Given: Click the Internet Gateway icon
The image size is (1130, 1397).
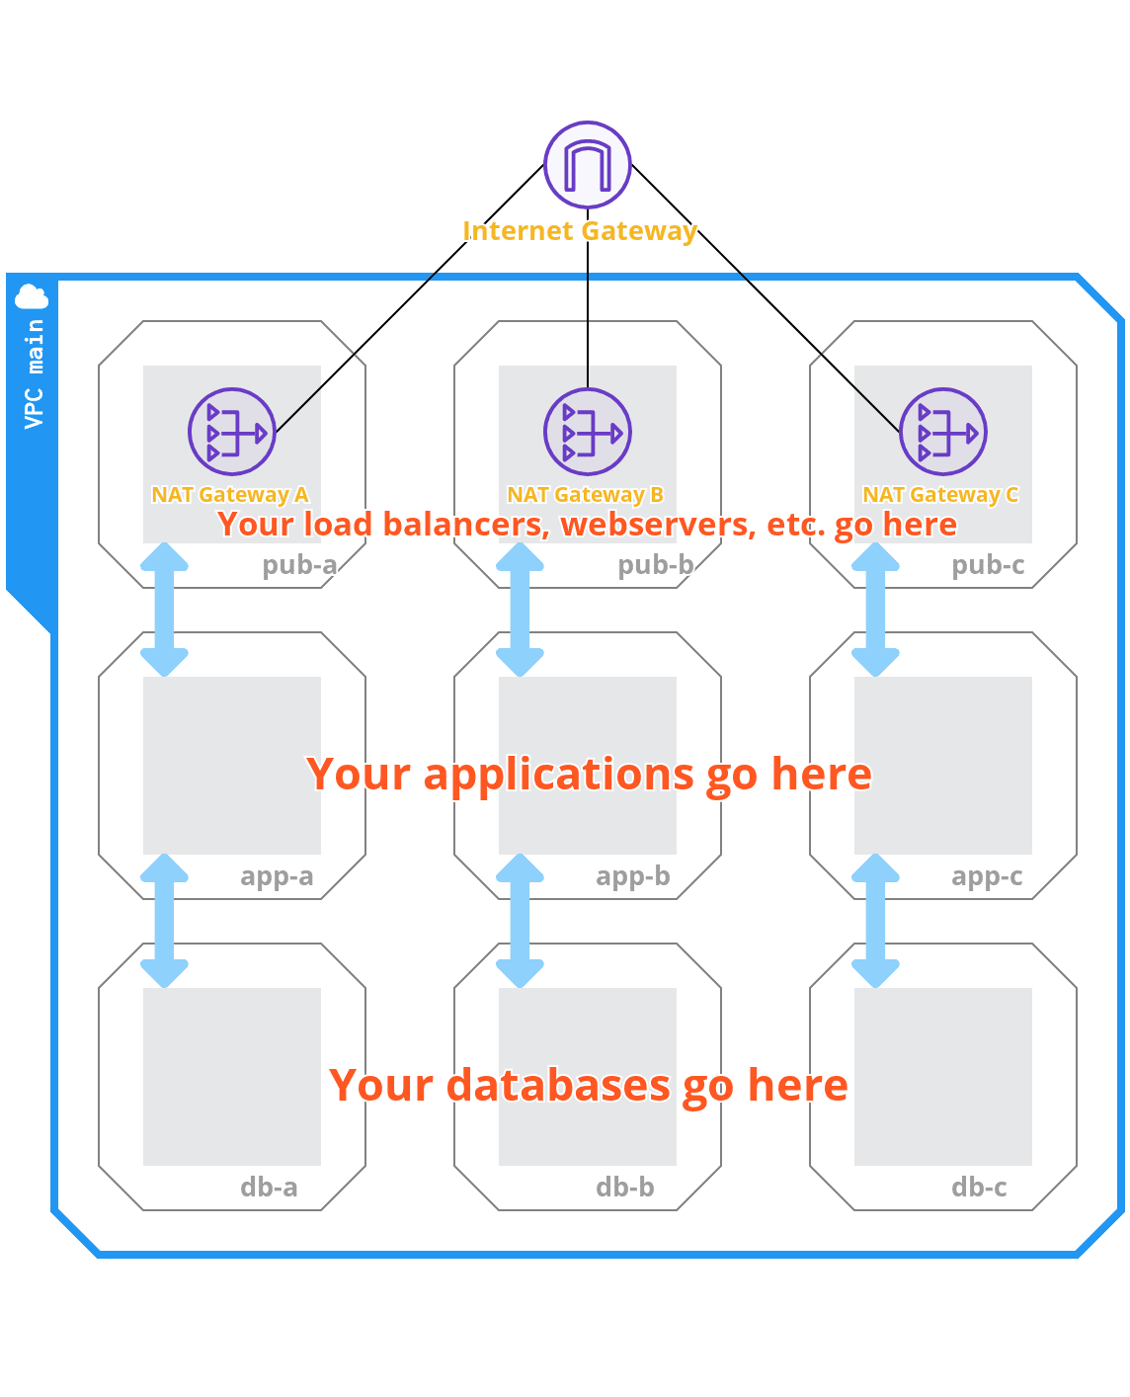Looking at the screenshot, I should click(x=588, y=165).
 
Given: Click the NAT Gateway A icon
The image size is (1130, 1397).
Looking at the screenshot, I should click(x=232, y=432).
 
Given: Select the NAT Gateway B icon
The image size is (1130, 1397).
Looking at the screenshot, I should click(x=588, y=432).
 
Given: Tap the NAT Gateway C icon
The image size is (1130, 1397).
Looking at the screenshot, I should click(x=943, y=432).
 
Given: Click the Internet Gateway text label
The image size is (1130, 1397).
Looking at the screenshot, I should click(x=580, y=231).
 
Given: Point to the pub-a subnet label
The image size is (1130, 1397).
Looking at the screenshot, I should click(x=299, y=565).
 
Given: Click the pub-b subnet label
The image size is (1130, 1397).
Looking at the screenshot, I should click(x=655, y=565).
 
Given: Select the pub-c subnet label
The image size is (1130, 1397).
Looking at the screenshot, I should click(x=988, y=565).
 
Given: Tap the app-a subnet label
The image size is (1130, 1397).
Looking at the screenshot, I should click(x=277, y=876).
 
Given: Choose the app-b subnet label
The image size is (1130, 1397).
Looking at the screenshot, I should click(x=633, y=876).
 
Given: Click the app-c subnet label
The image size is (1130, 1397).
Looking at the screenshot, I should click(x=987, y=876).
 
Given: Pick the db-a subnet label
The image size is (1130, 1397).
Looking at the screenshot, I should click(x=269, y=1188).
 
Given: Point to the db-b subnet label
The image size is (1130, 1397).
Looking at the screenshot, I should click(x=625, y=1188).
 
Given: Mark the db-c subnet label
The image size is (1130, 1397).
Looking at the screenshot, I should click(x=979, y=1188).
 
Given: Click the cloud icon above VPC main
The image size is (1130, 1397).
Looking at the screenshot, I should click(x=32, y=296).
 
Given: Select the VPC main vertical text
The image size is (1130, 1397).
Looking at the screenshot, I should click(x=35, y=372).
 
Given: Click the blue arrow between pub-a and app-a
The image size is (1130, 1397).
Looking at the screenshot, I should click(x=164, y=610).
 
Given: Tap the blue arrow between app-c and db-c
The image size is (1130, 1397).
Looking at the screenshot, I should click(x=875, y=921).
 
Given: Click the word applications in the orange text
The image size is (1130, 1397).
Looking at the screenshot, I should click(x=558, y=775).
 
